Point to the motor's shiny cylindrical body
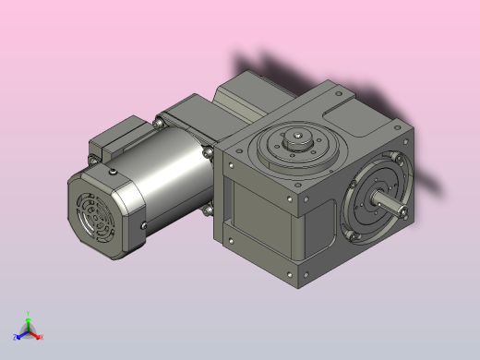click(171, 175)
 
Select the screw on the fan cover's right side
click(144, 224)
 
